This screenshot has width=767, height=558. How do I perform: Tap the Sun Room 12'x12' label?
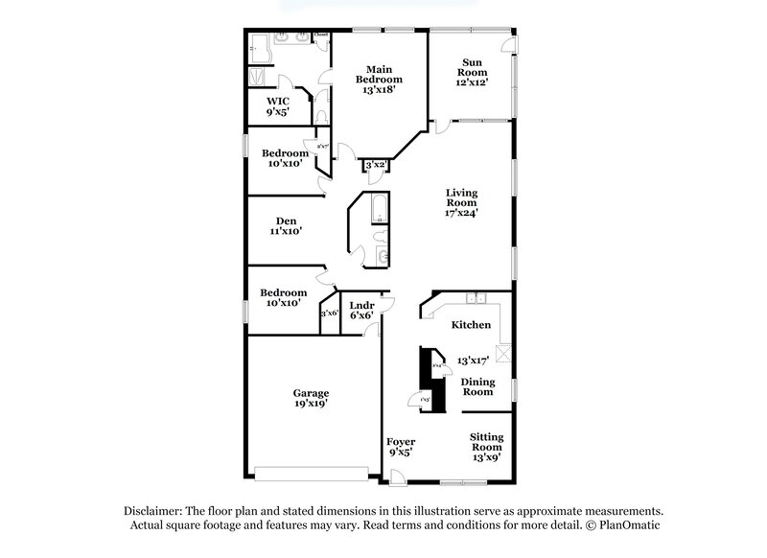coord(471,73)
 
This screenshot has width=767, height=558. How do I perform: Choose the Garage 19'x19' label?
coord(311,398)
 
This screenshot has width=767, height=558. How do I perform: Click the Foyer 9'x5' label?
coord(401,446)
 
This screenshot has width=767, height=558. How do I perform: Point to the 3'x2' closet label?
coord(375,166)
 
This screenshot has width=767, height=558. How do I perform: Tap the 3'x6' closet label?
coord(329,313)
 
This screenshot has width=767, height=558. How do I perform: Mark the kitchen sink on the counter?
coord(476,296)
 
